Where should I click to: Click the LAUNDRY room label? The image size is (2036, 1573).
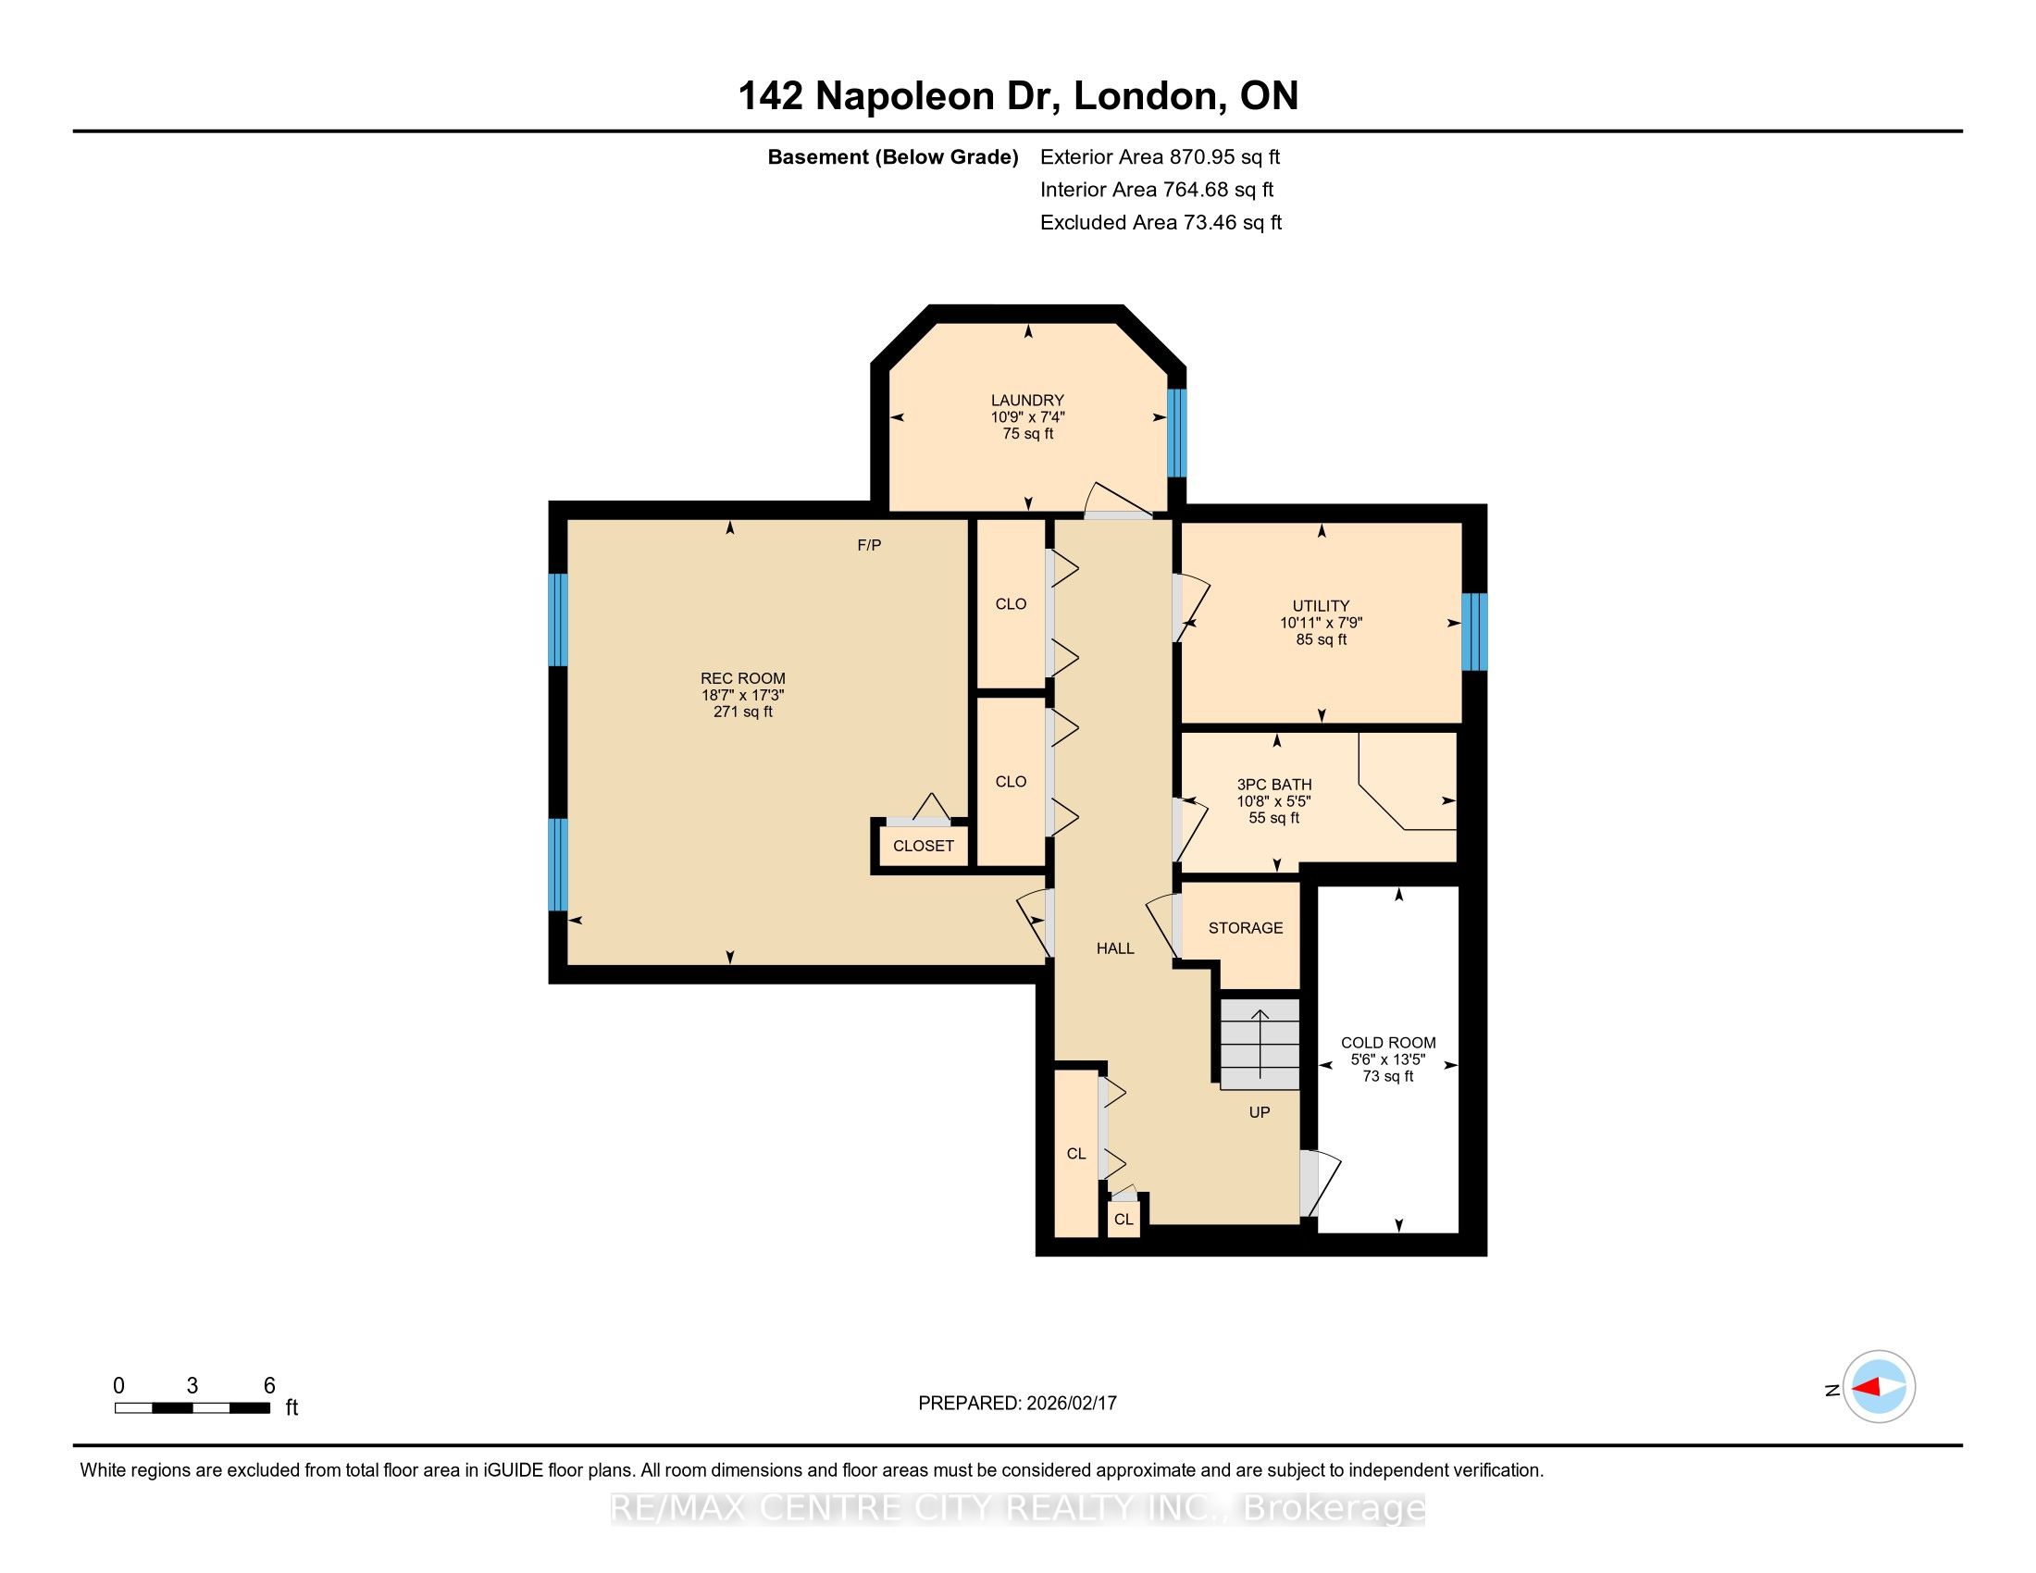[x=1027, y=401]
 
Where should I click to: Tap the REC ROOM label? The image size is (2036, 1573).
[x=743, y=678]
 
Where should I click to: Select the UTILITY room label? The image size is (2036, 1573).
[x=1321, y=606]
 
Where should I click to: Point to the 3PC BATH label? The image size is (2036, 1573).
[x=1274, y=785]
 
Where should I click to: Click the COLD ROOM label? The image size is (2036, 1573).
[x=1388, y=1043]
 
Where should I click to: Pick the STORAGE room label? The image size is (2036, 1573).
[x=1246, y=928]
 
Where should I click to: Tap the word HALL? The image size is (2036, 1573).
[x=1115, y=948]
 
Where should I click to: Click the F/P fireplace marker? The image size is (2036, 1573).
[x=869, y=545]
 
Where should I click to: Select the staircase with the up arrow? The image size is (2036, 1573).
[x=1260, y=1044]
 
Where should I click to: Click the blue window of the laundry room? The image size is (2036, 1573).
[x=1177, y=433]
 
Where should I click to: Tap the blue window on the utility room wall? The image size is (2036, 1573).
[x=1474, y=632]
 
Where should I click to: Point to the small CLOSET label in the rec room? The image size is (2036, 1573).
[x=923, y=846]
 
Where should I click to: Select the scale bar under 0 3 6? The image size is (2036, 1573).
[x=193, y=1407]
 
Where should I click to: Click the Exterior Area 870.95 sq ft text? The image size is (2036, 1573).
[x=1160, y=156]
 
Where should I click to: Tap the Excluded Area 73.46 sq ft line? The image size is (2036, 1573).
[x=1161, y=222]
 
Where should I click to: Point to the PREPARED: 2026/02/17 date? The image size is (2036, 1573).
[x=1017, y=1403]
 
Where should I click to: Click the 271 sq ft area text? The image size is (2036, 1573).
[x=743, y=712]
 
